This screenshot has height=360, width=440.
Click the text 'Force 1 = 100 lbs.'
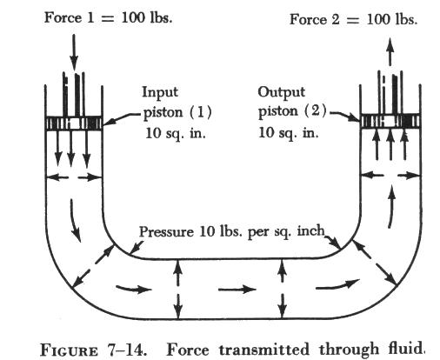pyautogui.click(x=108, y=18)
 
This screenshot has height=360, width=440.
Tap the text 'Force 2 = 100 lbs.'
pyautogui.click(x=353, y=20)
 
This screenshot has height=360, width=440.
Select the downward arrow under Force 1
pyautogui.click(x=74, y=52)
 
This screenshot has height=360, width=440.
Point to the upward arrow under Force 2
pyautogui.click(x=390, y=51)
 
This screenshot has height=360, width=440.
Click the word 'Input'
pyautogui.click(x=160, y=93)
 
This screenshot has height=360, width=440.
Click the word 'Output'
pyautogui.click(x=281, y=93)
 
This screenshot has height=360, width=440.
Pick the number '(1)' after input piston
pyautogui.click(x=200, y=112)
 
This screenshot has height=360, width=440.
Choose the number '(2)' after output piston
pyautogui.click(x=315, y=111)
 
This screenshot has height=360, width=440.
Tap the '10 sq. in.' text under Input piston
pyautogui.click(x=176, y=134)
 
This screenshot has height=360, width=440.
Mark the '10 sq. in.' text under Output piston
pyautogui.click(x=288, y=133)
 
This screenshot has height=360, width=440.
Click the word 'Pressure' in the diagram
pyautogui.click(x=166, y=232)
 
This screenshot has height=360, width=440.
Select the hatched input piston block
pyautogui.click(x=74, y=123)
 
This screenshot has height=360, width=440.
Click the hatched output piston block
pyautogui.click(x=390, y=121)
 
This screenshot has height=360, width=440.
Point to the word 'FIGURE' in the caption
pyautogui.click(x=69, y=350)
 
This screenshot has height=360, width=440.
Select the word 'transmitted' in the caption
pyautogui.click(x=263, y=350)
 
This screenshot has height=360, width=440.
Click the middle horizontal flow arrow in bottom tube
pyautogui.click(x=237, y=289)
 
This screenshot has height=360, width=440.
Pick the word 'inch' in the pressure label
pyautogui.click(x=310, y=231)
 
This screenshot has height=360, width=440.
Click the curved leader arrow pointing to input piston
pyautogui.click(x=122, y=118)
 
